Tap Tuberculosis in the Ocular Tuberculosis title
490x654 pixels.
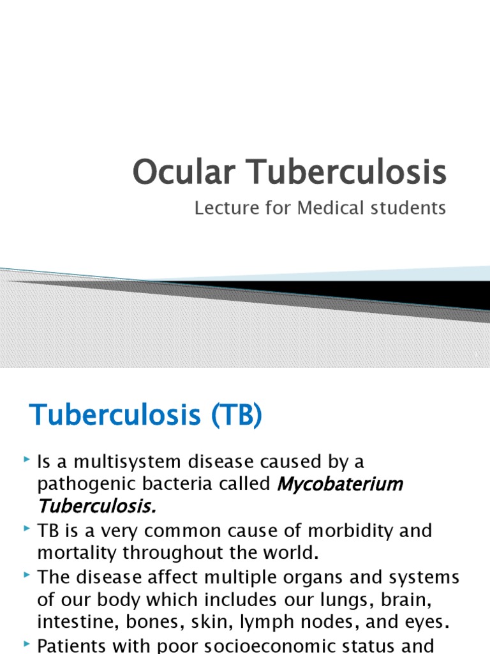(x=344, y=173)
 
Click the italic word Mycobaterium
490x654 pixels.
(x=340, y=484)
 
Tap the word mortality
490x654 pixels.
(x=77, y=553)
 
